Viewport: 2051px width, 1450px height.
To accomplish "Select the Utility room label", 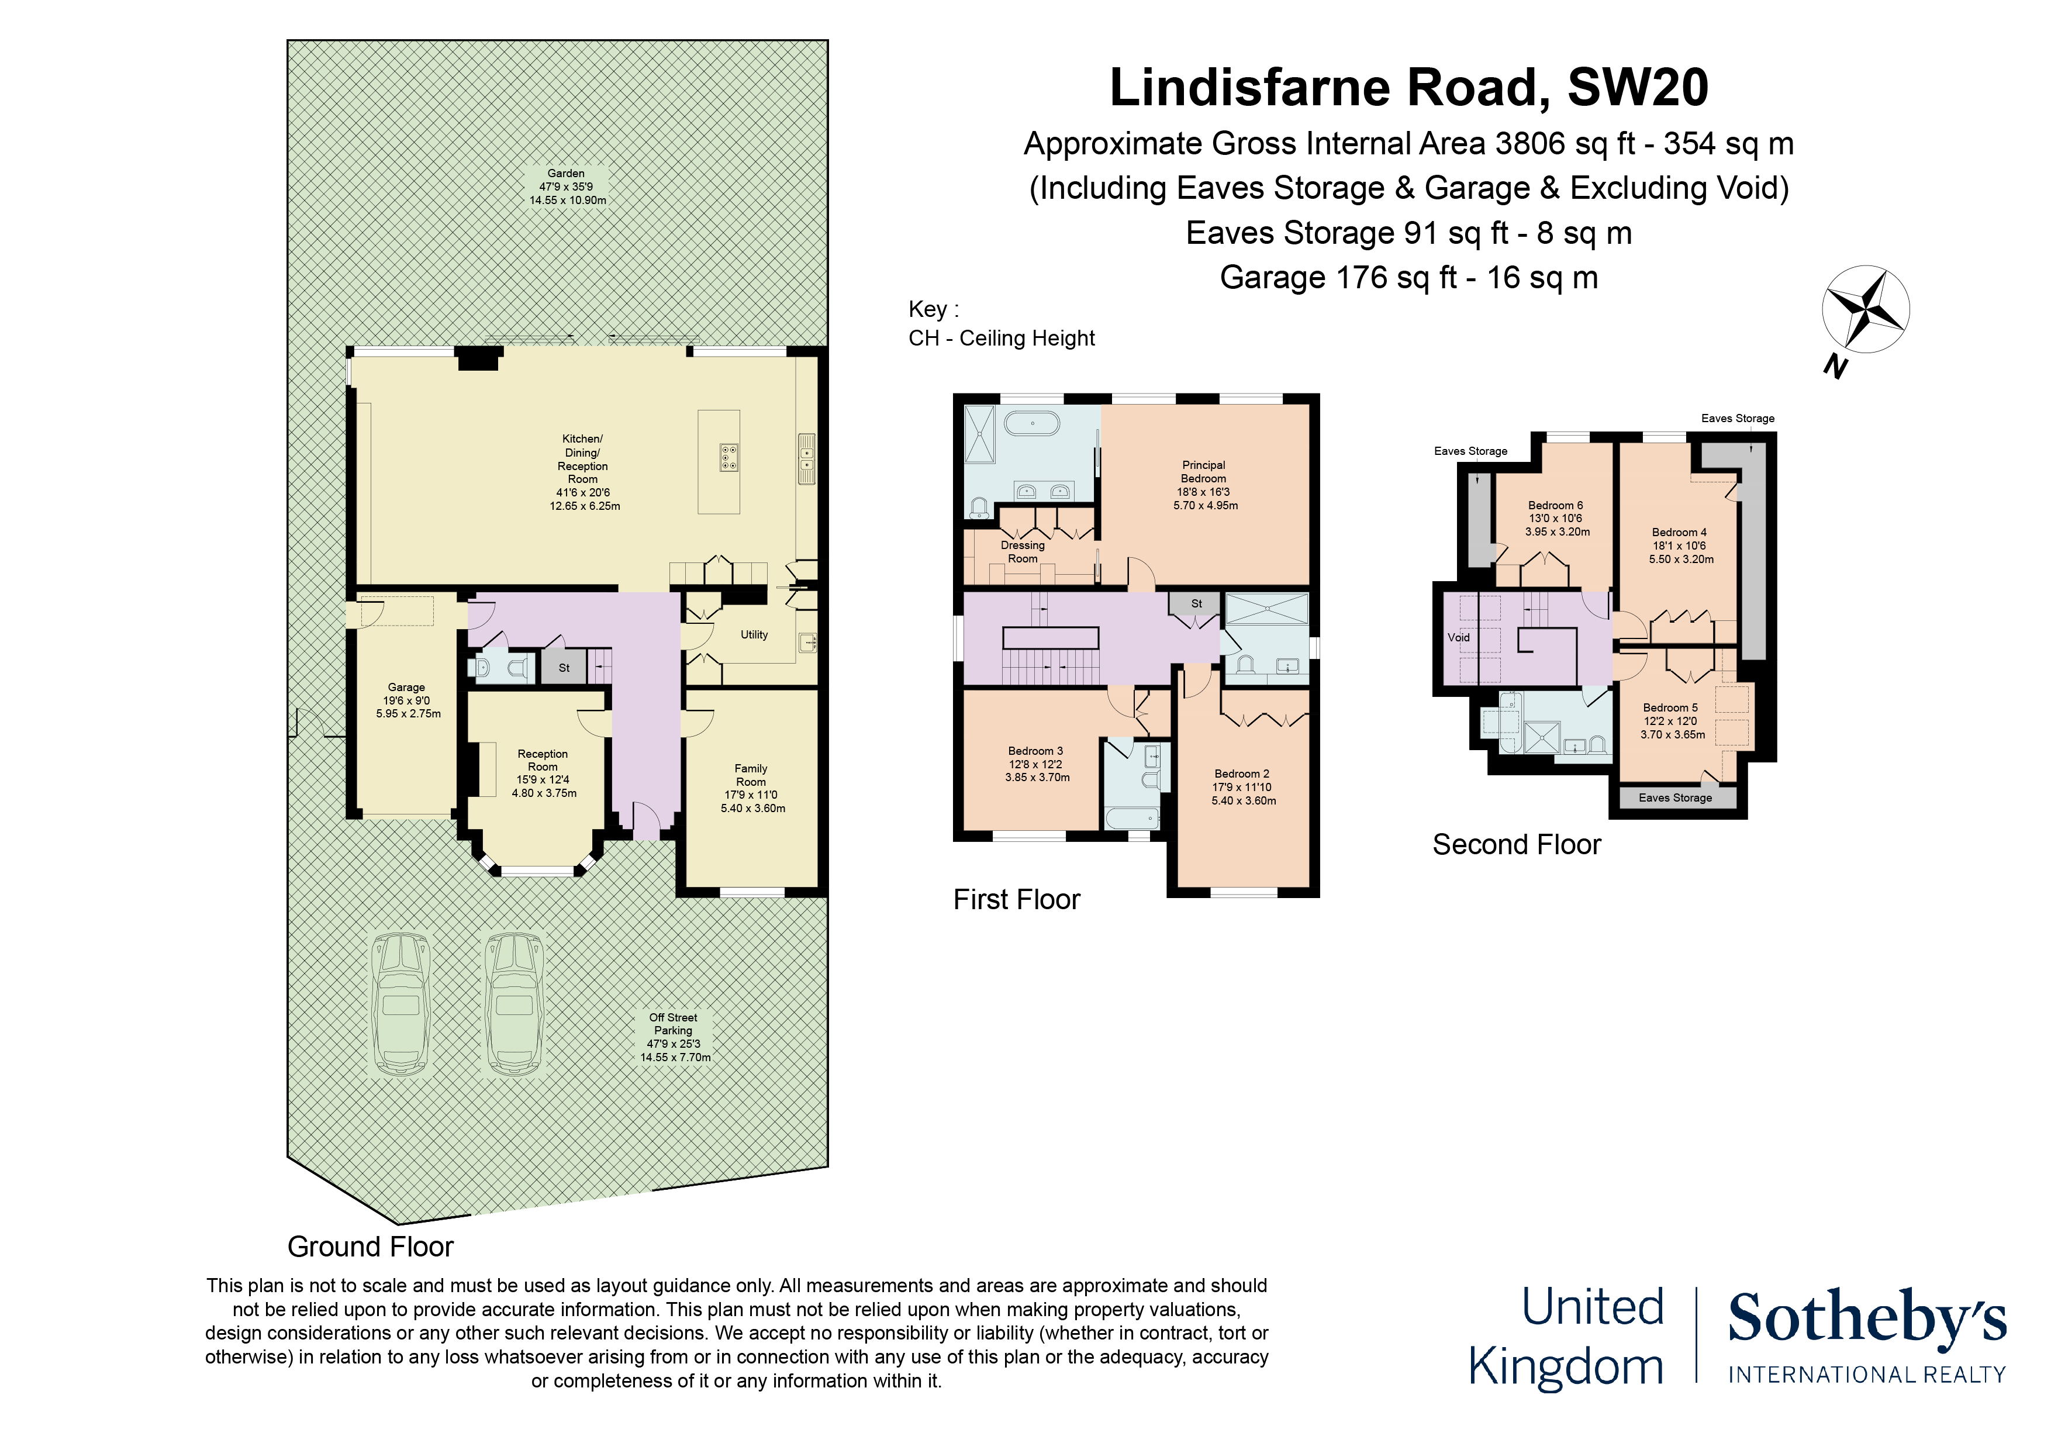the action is point(754,634).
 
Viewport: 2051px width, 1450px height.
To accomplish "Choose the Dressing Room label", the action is point(1023,551).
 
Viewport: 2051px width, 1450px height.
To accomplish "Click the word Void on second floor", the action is point(1458,637).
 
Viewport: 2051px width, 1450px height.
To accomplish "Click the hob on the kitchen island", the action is point(729,457).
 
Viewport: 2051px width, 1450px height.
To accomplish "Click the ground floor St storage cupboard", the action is point(564,667).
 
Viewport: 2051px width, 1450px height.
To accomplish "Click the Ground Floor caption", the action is point(370,1247).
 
